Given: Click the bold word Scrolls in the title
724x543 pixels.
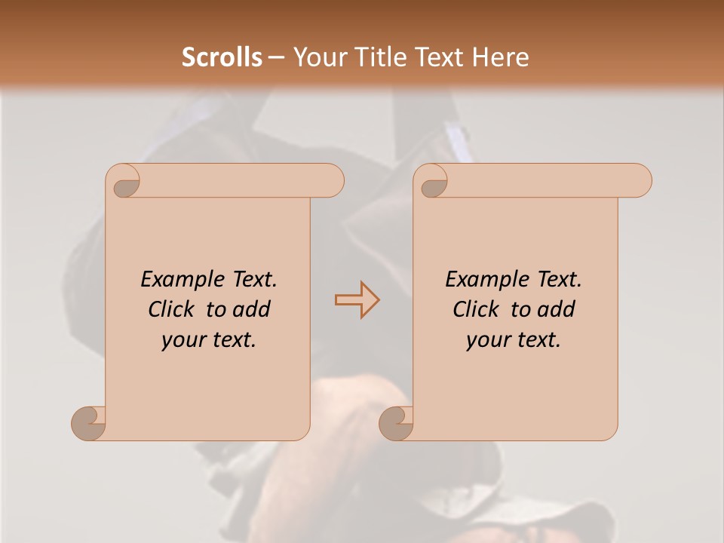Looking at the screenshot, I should pyautogui.click(x=222, y=57).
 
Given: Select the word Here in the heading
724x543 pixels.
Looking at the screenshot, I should pyautogui.click(x=501, y=57).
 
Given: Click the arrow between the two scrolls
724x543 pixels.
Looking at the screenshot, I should pyautogui.click(x=357, y=300).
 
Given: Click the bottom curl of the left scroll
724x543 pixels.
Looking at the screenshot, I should pyautogui.click(x=88, y=422).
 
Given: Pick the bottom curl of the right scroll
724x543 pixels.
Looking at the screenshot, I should pyautogui.click(x=396, y=422).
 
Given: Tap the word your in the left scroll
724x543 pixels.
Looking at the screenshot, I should pyautogui.click(x=182, y=340).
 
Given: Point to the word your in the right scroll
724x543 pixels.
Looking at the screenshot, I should pyautogui.click(x=486, y=340).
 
